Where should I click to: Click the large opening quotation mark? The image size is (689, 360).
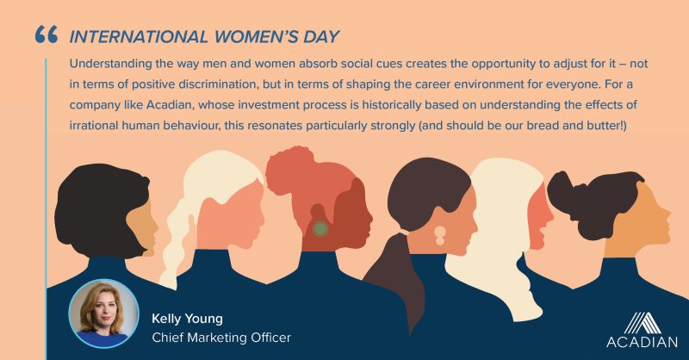tap(47, 34)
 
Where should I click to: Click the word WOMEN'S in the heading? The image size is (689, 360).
tap(255, 36)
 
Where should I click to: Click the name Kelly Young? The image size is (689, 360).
tap(187, 319)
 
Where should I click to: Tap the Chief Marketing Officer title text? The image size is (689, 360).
tap(221, 338)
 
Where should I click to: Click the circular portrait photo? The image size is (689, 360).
tap(103, 313)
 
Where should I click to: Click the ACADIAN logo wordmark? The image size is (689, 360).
tap(642, 342)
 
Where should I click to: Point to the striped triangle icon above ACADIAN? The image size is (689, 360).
tap(642, 323)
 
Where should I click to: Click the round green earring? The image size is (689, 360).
tap(320, 228)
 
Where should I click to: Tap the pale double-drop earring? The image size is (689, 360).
tap(440, 235)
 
